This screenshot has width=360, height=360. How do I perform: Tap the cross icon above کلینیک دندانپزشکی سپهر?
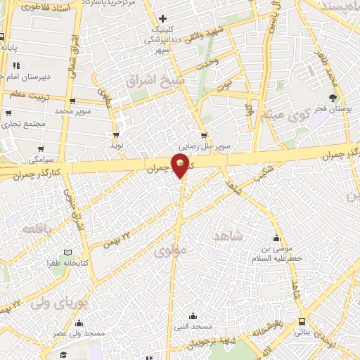pos(163,18)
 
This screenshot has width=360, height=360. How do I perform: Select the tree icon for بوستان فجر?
pos(333,98)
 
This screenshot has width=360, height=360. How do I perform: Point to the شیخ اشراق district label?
pos(155,80)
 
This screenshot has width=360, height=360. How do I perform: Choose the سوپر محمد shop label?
pos(74,111)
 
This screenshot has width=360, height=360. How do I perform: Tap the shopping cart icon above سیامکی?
pos(42,149)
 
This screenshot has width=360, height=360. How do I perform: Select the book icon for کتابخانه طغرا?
pos(67,252)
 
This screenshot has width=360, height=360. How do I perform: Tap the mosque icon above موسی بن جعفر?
pos(276,237)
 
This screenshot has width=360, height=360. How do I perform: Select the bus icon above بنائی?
pos(302,320)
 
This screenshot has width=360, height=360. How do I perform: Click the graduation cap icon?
pos(63,354)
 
